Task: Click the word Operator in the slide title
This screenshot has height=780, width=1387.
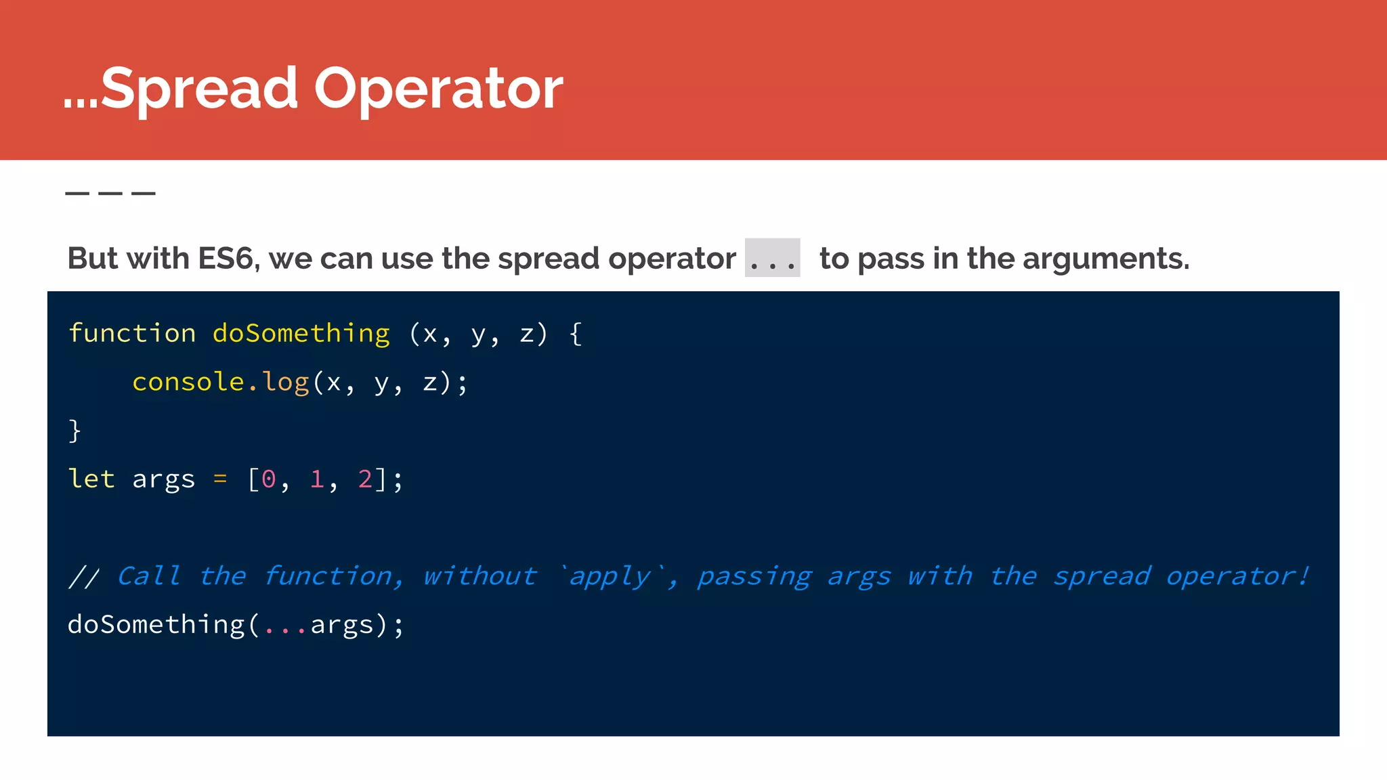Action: tap(438, 89)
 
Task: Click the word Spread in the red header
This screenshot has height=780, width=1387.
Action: tap(198, 89)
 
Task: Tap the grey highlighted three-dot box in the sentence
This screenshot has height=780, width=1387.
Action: tap(772, 258)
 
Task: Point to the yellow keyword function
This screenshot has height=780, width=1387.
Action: tap(132, 333)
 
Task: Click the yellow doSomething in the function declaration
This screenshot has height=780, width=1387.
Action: tap(301, 333)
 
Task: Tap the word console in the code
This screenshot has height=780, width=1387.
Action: tap(188, 382)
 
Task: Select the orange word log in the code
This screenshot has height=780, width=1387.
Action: tap(286, 383)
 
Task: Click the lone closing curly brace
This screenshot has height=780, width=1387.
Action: tap(74, 431)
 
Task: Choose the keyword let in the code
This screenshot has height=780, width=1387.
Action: tap(91, 479)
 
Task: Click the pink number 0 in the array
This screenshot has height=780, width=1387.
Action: tap(268, 479)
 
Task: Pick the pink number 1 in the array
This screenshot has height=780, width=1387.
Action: tap(317, 479)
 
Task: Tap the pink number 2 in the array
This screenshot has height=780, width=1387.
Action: tap(365, 479)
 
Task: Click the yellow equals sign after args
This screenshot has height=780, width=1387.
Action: tap(220, 479)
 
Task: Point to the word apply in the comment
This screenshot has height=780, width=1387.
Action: tap(609, 576)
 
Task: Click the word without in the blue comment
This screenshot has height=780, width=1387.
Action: tap(479, 576)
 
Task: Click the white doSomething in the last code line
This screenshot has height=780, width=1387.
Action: tap(156, 624)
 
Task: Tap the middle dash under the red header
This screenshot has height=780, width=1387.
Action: tap(110, 194)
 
